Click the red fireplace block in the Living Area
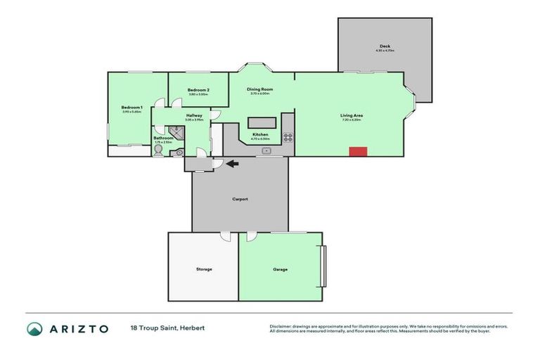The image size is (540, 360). [x=359, y=151]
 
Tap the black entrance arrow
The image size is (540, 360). [x=231, y=164]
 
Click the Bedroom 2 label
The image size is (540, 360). [x=198, y=90]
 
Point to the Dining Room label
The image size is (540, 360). [x=259, y=89]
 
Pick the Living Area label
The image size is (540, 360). [x=351, y=115]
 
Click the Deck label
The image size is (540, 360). [x=385, y=46]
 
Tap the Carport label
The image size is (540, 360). [x=240, y=199]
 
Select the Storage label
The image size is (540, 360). [x=203, y=269]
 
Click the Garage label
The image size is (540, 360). [x=280, y=269]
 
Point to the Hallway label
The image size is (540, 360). [x=194, y=115]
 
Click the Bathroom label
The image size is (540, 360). [x=163, y=138]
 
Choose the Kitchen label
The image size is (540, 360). [x=260, y=134]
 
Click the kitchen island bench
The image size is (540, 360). [x=259, y=120]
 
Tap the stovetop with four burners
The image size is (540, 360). [x=288, y=137]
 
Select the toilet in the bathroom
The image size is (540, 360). [x=159, y=150]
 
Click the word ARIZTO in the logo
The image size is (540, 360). [x=78, y=328]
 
